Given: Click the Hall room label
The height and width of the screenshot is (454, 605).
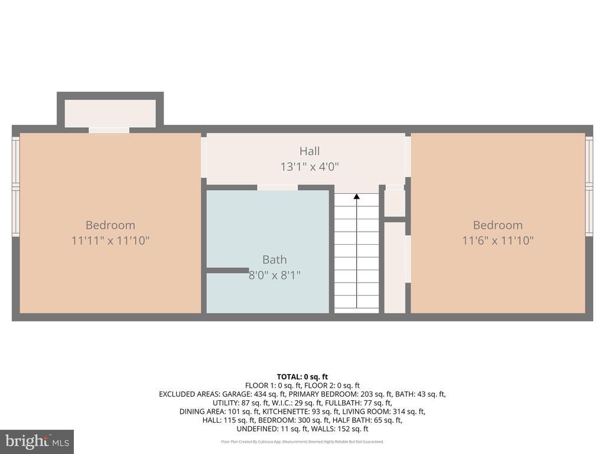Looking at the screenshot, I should pyautogui.click(x=310, y=151).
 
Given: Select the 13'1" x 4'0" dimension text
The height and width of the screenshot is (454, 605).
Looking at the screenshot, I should pyautogui.click(x=310, y=167).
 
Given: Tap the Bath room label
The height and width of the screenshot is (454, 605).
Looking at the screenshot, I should pyautogui.click(x=274, y=260).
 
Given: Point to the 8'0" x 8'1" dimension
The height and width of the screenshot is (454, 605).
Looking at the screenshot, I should pyautogui.click(x=274, y=275).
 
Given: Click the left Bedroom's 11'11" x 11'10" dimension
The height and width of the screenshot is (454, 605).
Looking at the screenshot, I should pyautogui.click(x=110, y=241).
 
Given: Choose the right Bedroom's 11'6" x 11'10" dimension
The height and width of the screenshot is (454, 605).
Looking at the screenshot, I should pyautogui.click(x=497, y=241).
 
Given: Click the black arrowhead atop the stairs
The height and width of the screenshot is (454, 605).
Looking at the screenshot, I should pyautogui.click(x=356, y=196).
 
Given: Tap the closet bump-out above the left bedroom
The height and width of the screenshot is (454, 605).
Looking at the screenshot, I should pyautogui.click(x=110, y=112).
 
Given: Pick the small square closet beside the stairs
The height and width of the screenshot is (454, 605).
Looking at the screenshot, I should pyautogui.click(x=395, y=203).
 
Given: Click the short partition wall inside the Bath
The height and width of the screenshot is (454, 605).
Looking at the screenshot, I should pyautogui.click(x=227, y=270).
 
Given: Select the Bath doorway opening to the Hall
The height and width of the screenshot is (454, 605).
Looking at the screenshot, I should pyautogui.click(x=277, y=187).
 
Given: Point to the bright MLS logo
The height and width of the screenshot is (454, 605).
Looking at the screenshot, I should pyautogui.click(x=36, y=441).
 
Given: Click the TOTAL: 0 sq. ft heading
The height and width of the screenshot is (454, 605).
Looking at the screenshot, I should pyautogui.click(x=302, y=377).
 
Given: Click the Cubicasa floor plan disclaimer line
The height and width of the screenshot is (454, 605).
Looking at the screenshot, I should pyautogui.click(x=302, y=442).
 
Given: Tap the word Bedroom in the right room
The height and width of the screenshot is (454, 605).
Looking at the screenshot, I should pyautogui.click(x=497, y=225).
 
